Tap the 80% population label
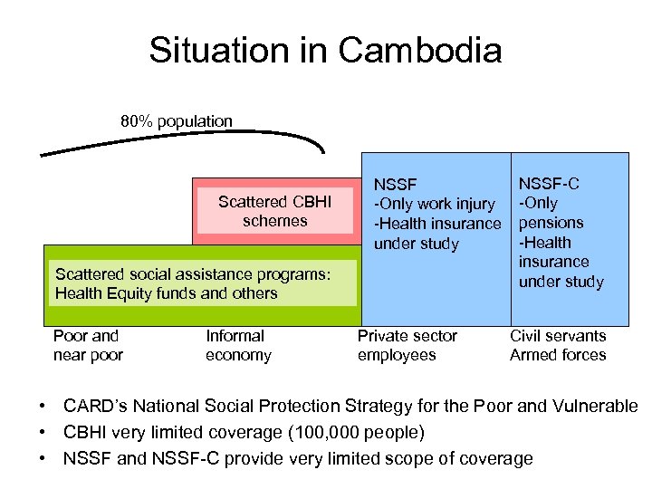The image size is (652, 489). click(177, 120)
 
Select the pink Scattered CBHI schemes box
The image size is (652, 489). click(275, 211)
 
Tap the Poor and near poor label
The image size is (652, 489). click(87, 345)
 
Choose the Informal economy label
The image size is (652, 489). click(238, 345)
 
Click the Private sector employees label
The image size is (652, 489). click(407, 345)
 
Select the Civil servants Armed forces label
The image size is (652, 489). click(558, 345)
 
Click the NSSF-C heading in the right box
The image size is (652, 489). click(549, 184)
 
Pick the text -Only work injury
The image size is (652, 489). click(436, 205)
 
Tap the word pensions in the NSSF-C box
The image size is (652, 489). click(551, 223)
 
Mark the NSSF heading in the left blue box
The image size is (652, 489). click(397, 185)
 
